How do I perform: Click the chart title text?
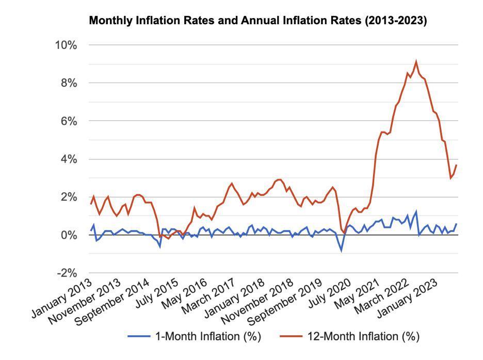coord(258,21)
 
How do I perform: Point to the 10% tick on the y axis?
coord(66,45)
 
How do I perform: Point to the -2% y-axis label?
coord(66,273)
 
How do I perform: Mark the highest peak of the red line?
coord(416,61)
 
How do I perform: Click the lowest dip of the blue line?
coord(341,251)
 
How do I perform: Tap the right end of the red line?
coord(457,165)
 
